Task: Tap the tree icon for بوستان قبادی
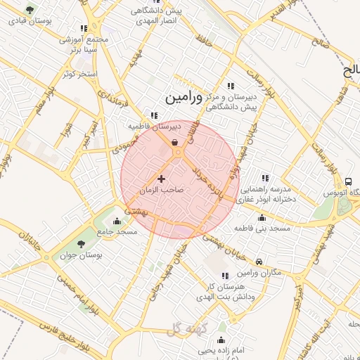point(29,10)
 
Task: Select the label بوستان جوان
point(81,257)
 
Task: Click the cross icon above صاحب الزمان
point(162,179)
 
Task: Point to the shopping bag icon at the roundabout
point(174,142)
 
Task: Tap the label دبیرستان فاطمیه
point(155,126)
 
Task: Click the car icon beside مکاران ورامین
point(259,262)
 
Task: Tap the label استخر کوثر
point(78,73)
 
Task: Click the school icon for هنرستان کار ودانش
point(225,276)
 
